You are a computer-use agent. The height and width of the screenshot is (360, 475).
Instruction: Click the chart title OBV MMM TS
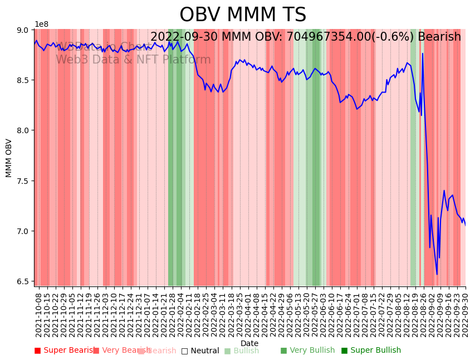243,15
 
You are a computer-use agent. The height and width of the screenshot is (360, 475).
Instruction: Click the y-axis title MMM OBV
9,158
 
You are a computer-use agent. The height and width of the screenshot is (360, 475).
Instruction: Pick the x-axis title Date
249,343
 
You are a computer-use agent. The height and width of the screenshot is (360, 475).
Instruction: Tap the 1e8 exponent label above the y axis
41,25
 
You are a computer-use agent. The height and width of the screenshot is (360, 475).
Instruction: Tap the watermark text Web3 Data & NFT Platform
133,60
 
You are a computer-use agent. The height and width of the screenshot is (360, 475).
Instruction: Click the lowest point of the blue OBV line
437,274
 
